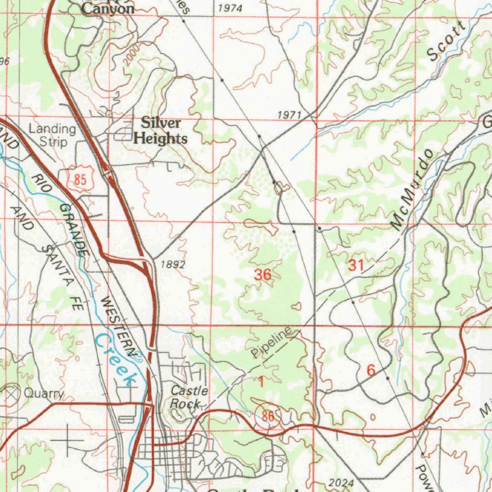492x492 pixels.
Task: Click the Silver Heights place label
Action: coord(160,131)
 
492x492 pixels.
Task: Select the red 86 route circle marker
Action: coord(268,416)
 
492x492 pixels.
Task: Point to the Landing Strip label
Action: coord(52,135)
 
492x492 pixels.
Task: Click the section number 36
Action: coord(263,275)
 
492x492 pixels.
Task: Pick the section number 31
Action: coord(356,265)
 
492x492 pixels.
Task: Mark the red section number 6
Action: coord(370,370)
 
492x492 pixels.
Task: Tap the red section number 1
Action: coord(261,382)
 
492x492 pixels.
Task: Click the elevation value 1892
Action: coord(173,264)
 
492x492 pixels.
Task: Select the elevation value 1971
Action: coord(289,115)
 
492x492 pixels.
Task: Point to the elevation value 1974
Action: coord(230,8)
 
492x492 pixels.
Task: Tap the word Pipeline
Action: coord(271,342)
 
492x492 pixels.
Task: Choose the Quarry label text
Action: coord(44,394)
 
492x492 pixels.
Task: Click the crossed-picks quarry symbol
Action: coord(12,393)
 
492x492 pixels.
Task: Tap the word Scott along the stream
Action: coord(446,43)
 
